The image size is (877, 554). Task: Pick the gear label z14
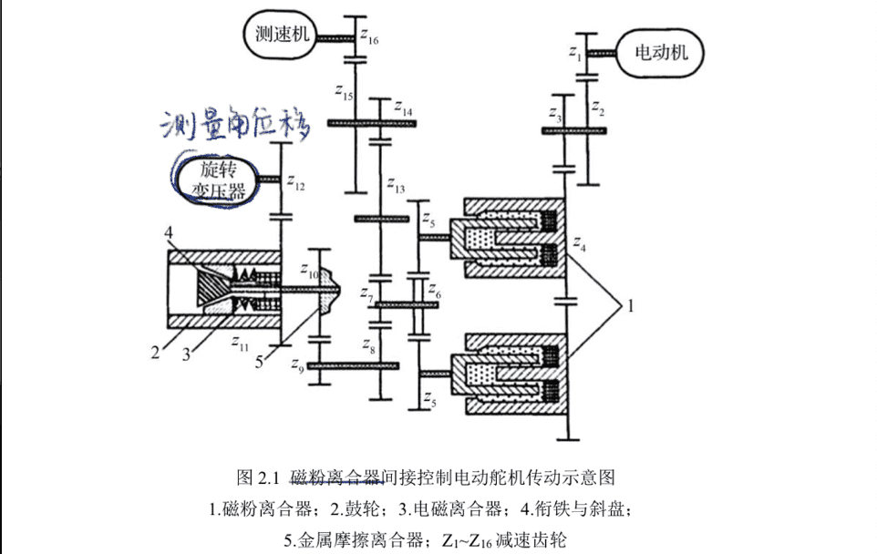pos(403,109)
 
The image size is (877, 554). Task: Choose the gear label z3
pos(555,114)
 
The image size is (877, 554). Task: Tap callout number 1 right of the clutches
pos(628,307)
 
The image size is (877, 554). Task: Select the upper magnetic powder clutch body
pos(515,237)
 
